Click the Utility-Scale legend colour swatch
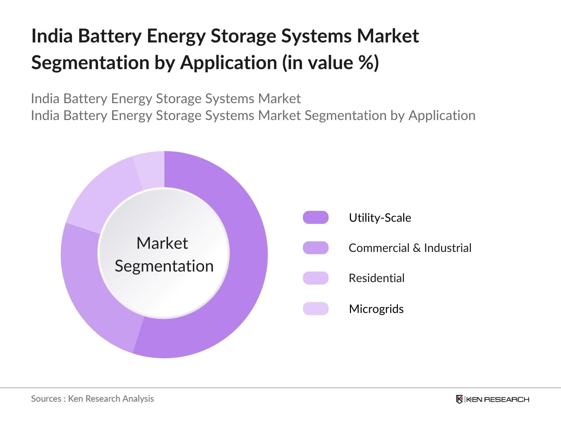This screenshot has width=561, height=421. tap(316, 218)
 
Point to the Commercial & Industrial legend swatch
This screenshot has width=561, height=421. tap(316, 248)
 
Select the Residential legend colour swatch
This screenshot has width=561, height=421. tap(316, 278)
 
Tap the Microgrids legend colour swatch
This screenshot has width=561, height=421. tap(316, 309)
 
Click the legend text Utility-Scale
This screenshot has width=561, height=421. tap(380, 218)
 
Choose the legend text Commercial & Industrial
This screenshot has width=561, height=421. tap(410, 248)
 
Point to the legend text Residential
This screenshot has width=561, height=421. tap(377, 278)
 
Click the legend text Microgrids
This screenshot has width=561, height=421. tap(376, 309)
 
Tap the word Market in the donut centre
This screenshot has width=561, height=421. tap(162, 243)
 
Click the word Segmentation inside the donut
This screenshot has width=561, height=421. tap(164, 266)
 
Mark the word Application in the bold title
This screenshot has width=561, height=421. tap(229, 63)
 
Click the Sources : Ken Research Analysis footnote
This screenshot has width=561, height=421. tap(92, 399)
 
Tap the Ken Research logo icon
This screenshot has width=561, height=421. tap(459, 399)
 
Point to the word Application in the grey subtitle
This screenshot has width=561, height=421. tap(442, 115)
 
